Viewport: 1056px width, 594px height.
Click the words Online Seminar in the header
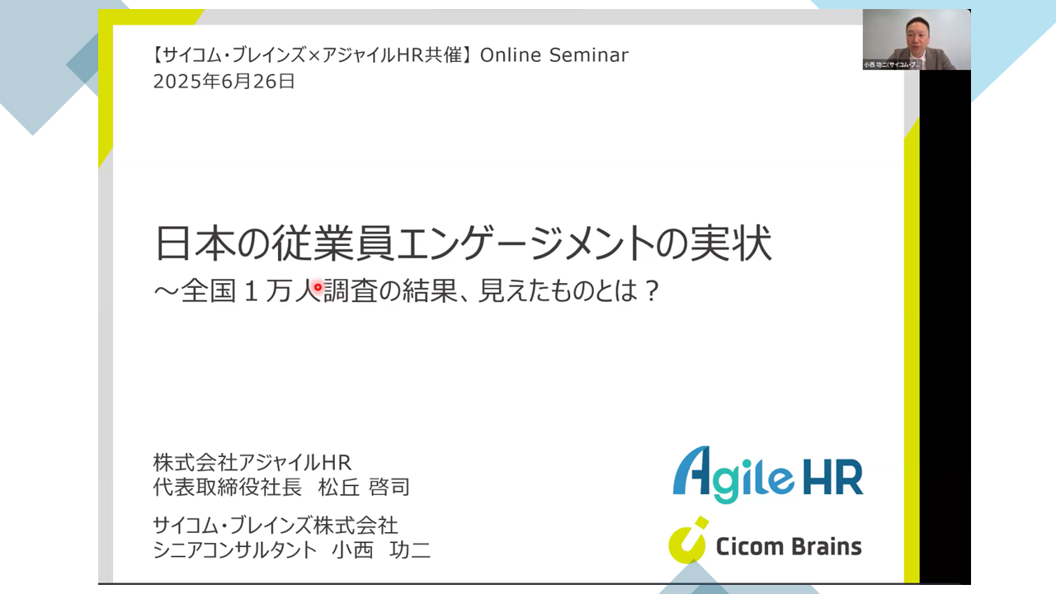554,55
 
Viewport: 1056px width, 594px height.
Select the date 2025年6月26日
224,82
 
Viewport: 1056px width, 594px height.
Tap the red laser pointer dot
318,286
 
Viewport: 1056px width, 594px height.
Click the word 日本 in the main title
195,243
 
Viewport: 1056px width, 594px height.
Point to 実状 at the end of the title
731,243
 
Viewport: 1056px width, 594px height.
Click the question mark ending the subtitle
652,291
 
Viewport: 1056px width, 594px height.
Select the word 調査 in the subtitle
351,290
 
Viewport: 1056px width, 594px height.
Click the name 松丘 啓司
364,487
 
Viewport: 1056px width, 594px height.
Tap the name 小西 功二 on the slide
381,549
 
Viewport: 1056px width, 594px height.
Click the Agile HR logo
768,474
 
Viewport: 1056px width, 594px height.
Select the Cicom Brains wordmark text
789,547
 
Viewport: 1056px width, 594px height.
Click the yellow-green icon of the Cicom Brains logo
688,540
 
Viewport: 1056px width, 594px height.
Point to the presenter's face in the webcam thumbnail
917,35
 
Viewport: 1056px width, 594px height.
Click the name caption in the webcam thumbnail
892,64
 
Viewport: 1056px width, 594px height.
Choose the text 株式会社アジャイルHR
252,463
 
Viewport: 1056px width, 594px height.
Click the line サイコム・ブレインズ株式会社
276,526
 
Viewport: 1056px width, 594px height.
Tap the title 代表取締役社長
227,487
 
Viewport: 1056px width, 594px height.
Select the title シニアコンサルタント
235,549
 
